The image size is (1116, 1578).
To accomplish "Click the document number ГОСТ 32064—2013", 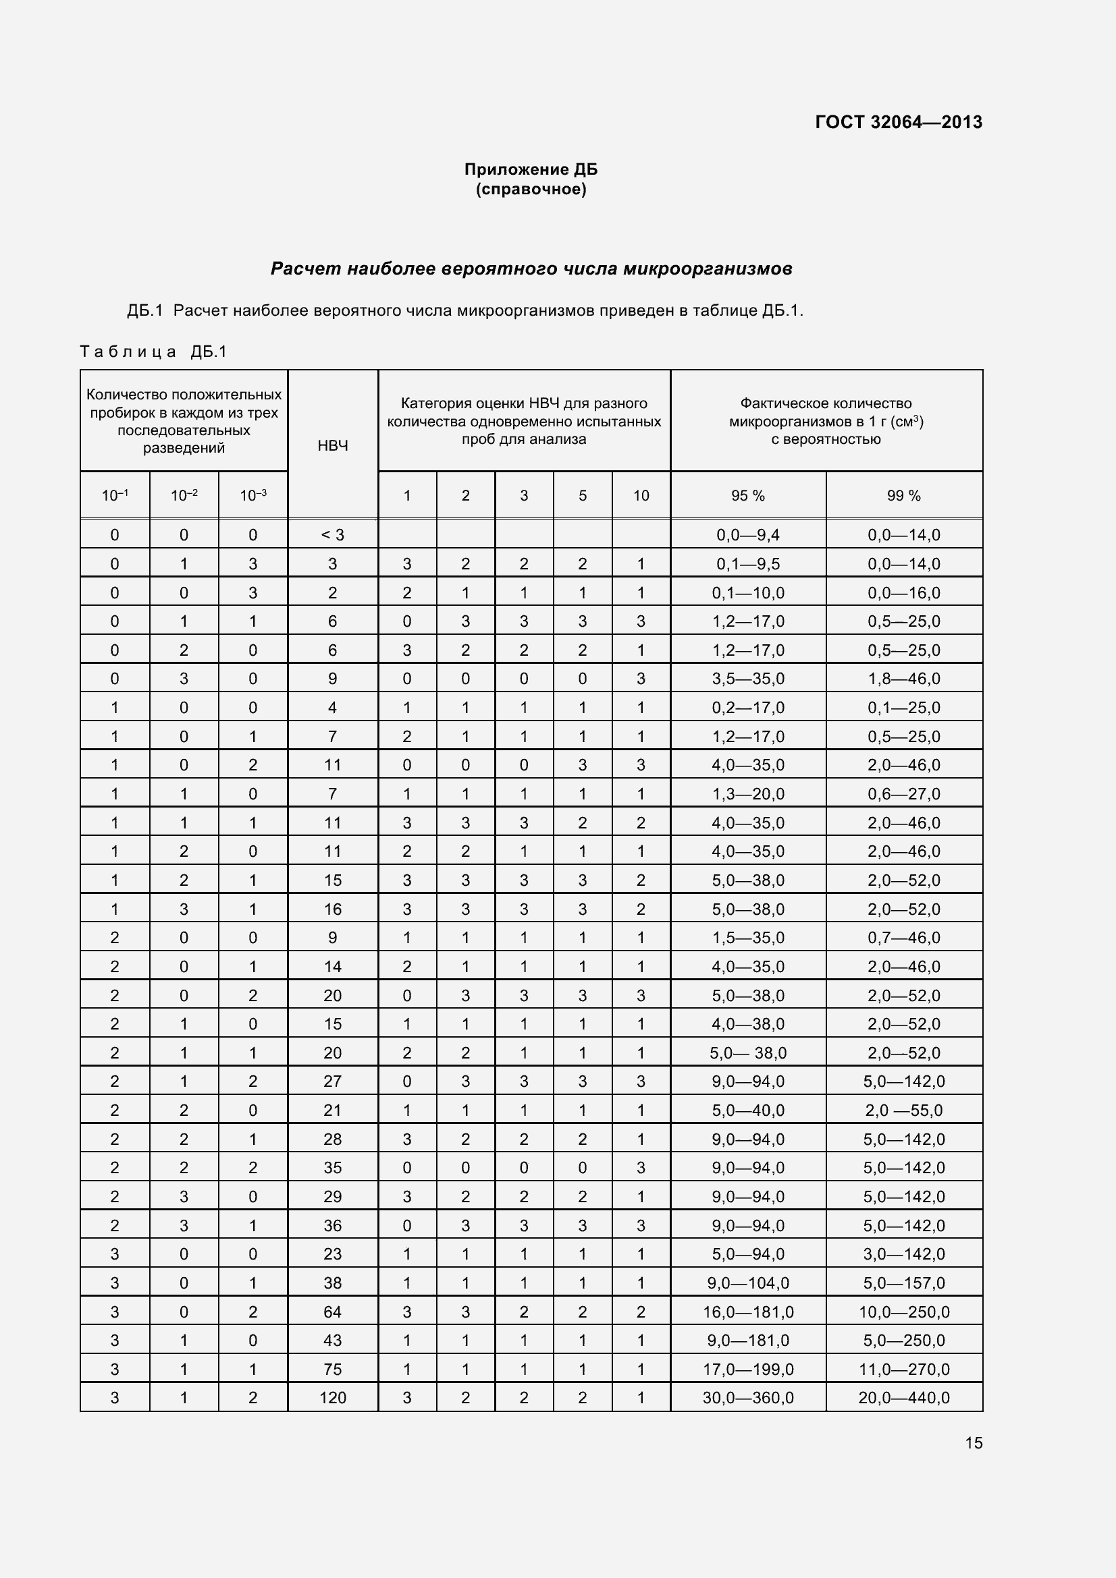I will (x=898, y=122).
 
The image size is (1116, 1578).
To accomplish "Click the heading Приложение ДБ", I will (x=531, y=169).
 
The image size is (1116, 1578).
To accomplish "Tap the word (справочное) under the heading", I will (x=531, y=189).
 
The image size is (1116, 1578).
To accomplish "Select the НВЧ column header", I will (x=333, y=445).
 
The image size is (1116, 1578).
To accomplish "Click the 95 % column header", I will (x=747, y=496).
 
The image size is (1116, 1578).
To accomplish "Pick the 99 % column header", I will (x=903, y=496).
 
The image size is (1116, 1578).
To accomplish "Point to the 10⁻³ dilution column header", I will (x=253, y=496).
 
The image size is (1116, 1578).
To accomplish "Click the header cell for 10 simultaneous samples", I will (x=641, y=496).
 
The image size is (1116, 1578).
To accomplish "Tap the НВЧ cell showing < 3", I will (x=333, y=535).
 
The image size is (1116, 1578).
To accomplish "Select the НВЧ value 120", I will (x=333, y=1397).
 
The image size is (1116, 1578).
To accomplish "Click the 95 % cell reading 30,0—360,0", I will (x=747, y=1397).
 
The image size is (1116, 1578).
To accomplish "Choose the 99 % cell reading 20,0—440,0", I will (x=903, y=1397).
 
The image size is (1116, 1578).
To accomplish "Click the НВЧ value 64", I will (x=333, y=1312).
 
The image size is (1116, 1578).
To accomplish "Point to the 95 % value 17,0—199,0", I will (x=747, y=1369).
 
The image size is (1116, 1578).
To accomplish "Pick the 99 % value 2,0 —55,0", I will (x=903, y=1110).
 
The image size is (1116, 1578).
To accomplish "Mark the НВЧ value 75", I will (x=333, y=1369).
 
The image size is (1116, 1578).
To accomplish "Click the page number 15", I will (x=974, y=1442).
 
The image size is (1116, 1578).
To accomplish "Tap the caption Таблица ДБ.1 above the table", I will (x=153, y=352).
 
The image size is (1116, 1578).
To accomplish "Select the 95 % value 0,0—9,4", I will (x=747, y=535).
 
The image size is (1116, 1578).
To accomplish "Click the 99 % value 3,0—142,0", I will (x=903, y=1253).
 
